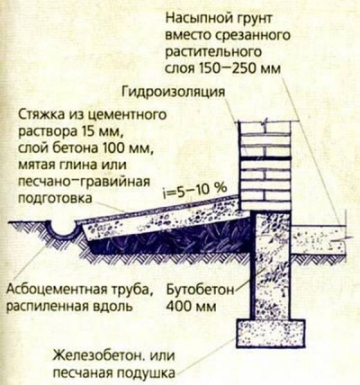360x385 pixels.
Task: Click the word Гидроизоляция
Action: pyautogui.click(x=174, y=92)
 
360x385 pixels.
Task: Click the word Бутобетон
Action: pyautogui.click(x=200, y=290)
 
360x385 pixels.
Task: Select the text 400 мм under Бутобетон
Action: pyautogui.click(x=191, y=307)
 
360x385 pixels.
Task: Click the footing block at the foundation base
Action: pyautogui.click(x=271, y=334)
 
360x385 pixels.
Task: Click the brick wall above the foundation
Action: pyautogui.click(x=265, y=166)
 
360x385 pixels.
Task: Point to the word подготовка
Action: pyautogui.click(x=55, y=199)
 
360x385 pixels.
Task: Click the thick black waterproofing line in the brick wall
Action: pyautogui.click(x=265, y=157)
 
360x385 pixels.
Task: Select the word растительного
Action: pyautogui.click(x=213, y=52)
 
